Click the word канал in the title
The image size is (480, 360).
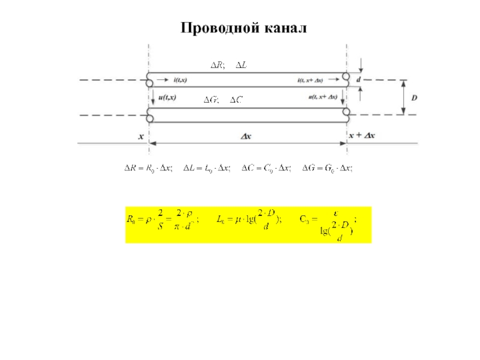point(283,28)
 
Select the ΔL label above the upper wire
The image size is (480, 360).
point(240,65)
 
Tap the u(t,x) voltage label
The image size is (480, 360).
point(165,97)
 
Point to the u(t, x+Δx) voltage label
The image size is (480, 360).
point(323,97)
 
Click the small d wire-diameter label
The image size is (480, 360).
point(359,79)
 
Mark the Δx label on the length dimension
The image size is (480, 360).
point(247,136)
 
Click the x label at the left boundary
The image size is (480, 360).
point(142,136)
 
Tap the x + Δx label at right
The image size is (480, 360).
point(362,136)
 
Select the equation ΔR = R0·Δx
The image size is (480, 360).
point(148,169)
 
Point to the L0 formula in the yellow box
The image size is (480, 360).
point(248,219)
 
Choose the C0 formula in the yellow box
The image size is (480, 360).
point(329,224)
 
